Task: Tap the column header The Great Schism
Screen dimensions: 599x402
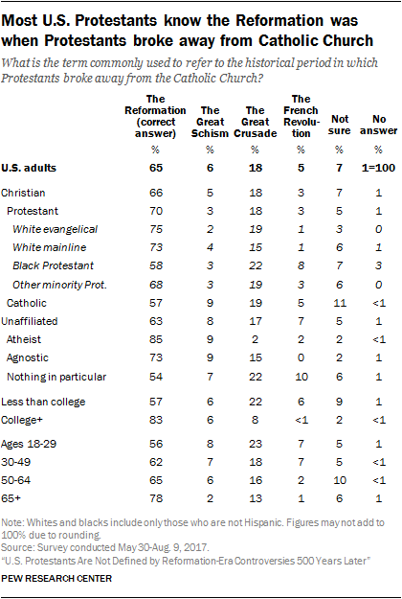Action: pyautogui.click(x=215, y=116)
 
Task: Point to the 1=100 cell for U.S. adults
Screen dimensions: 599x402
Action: pyautogui.click(x=377, y=168)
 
